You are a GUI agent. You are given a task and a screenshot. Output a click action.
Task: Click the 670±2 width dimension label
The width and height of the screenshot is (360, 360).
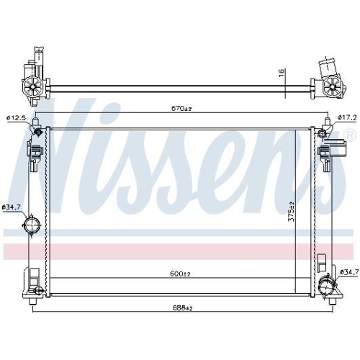point(181,109)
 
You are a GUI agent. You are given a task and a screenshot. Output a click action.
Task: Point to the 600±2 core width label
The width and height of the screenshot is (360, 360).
point(181,274)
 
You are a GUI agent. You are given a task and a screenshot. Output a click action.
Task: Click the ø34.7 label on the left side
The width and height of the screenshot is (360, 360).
point(12,207)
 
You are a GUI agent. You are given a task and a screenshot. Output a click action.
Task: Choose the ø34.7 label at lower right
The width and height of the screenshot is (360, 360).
point(348,271)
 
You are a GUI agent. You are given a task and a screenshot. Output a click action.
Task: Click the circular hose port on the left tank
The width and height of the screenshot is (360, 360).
point(30,229)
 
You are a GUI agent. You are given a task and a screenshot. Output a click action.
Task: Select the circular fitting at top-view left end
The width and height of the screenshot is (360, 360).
point(33,87)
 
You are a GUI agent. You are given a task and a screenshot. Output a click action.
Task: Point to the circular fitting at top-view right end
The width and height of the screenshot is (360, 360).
point(331,88)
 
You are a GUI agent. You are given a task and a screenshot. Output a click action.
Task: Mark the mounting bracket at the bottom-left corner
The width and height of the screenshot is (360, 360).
point(32,280)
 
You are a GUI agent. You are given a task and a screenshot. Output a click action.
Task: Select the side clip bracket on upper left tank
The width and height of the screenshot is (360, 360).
point(33,153)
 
